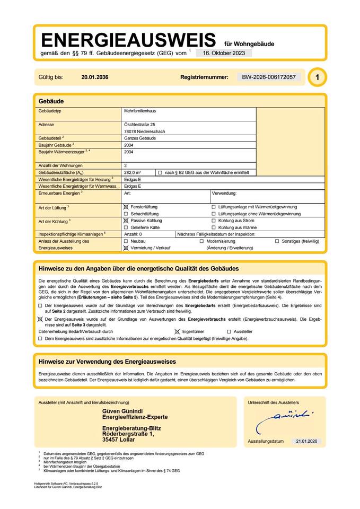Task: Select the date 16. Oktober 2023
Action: point(224,53)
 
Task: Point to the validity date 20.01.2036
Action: point(95,77)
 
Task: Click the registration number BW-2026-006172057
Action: point(269,77)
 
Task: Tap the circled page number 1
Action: point(317,77)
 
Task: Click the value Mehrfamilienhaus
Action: point(139,111)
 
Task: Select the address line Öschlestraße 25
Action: point(139,124)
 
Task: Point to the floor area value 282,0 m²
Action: point(132,173)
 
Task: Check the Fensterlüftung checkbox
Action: point(126,207)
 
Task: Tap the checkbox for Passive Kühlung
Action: point(126,220)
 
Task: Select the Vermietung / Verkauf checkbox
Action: point(126,248)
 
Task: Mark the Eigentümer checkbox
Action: point(178,331)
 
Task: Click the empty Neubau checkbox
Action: point(126,241)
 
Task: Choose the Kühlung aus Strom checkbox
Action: point(214,220)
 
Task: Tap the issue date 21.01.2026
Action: point(305,441)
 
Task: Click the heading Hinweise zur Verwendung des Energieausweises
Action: point(107,361)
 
